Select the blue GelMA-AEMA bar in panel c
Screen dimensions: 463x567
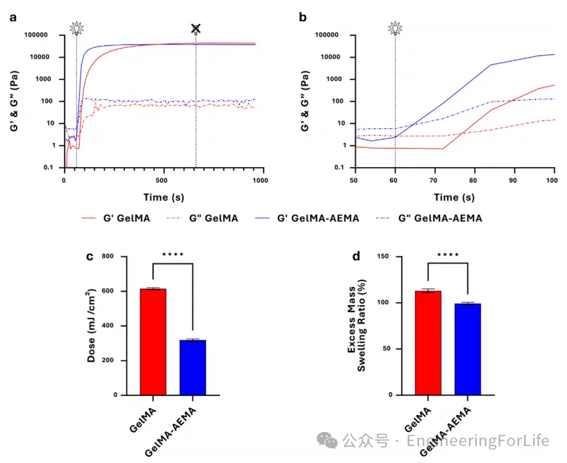point(193,368)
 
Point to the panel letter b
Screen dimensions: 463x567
point(303,16)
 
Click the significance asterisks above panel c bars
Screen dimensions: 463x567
point(173,254)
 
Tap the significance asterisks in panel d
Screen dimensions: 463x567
point(448,255)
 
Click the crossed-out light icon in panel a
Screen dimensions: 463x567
point(196,28)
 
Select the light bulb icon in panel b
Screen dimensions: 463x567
point(395,28)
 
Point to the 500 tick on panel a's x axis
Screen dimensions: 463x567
point(163,180)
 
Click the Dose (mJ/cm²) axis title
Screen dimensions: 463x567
point(92,326)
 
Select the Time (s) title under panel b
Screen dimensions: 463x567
point(455,198)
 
